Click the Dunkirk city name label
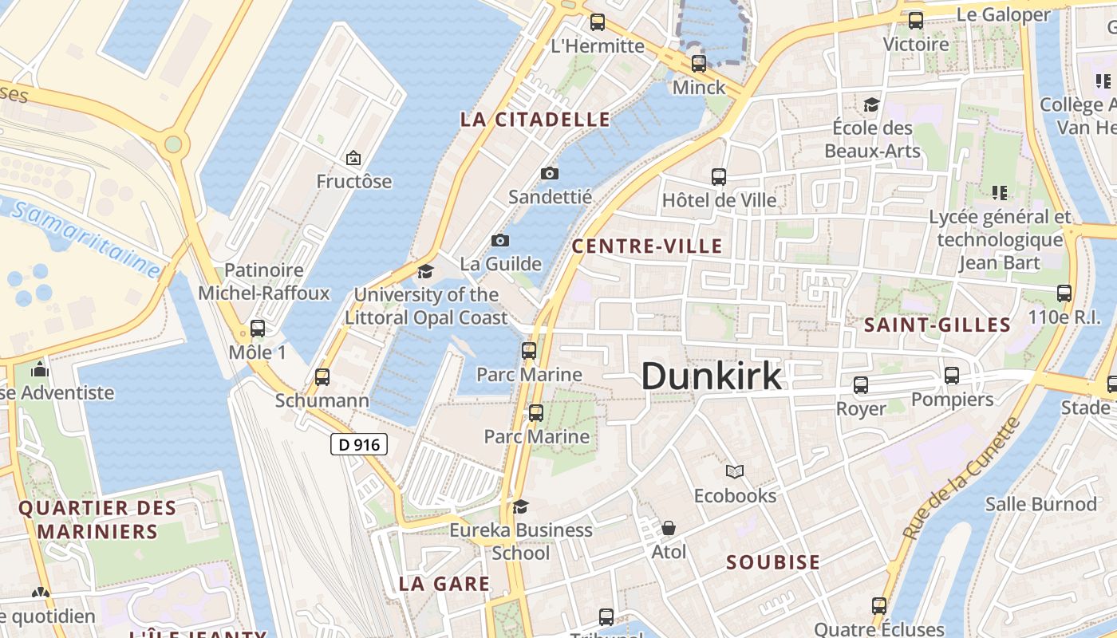tap(712, 376)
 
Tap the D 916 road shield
tap(359, 444)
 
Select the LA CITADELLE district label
tap(535, 120)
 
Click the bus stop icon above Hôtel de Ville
tap(719, 177)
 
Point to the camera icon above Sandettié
tap(550, 173)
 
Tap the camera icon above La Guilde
tap(500, 240)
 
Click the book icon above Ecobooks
tap(735, 472)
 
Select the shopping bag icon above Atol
tap(669, 528)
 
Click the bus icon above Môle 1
tap(257, 328)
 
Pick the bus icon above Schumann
tap(322, 376)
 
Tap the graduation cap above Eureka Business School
tap(520, 506)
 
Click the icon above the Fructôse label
tap(353, 158)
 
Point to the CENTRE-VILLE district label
tap(647, 246)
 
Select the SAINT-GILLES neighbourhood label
tap(937, 325)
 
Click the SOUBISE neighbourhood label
tap(773, 562)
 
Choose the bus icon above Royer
tap(861, 385)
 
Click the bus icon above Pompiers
tap(952, 376)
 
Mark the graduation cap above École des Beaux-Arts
tap(871, 105)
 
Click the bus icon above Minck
tap(699, 64)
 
